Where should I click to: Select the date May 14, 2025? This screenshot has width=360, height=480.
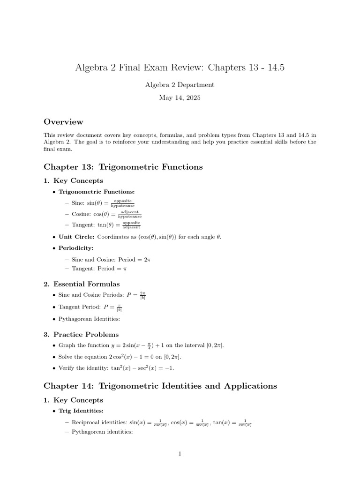pyautogui.click(x=180, y=97)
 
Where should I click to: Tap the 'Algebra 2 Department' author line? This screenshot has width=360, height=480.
pyautogui.click(x=180, y=85)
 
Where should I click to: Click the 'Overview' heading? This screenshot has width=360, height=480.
pyautogui.click(x=63, y=122)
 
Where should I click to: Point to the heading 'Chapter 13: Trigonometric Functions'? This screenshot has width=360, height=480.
pyautogui.click(x=123, y=167)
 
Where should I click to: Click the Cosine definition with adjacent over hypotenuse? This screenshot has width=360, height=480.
pyautogui.click(x=103, y=214)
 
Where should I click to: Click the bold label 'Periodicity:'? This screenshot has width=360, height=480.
pyautogui.click(x=76, y=248)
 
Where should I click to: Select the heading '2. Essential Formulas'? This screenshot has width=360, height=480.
pyautogui.click(x=82, y=284)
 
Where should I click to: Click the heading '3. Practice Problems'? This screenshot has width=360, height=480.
pyautogui.click(x=81, y=335)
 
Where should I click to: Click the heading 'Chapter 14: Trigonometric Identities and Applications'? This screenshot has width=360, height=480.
pyautogui.click(x=160, y=386)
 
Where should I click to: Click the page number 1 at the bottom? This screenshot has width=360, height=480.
pyautogui.click(x=180, y=454)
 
